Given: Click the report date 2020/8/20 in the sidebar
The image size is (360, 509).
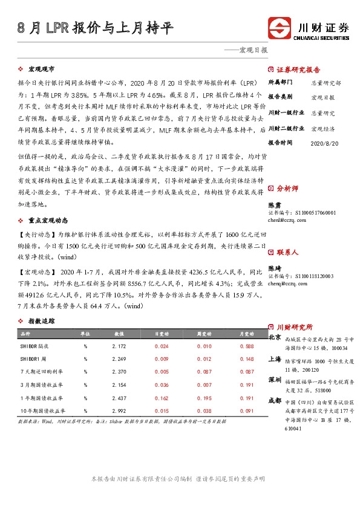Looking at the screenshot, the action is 324,143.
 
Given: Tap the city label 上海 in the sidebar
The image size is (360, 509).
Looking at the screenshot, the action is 274,358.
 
